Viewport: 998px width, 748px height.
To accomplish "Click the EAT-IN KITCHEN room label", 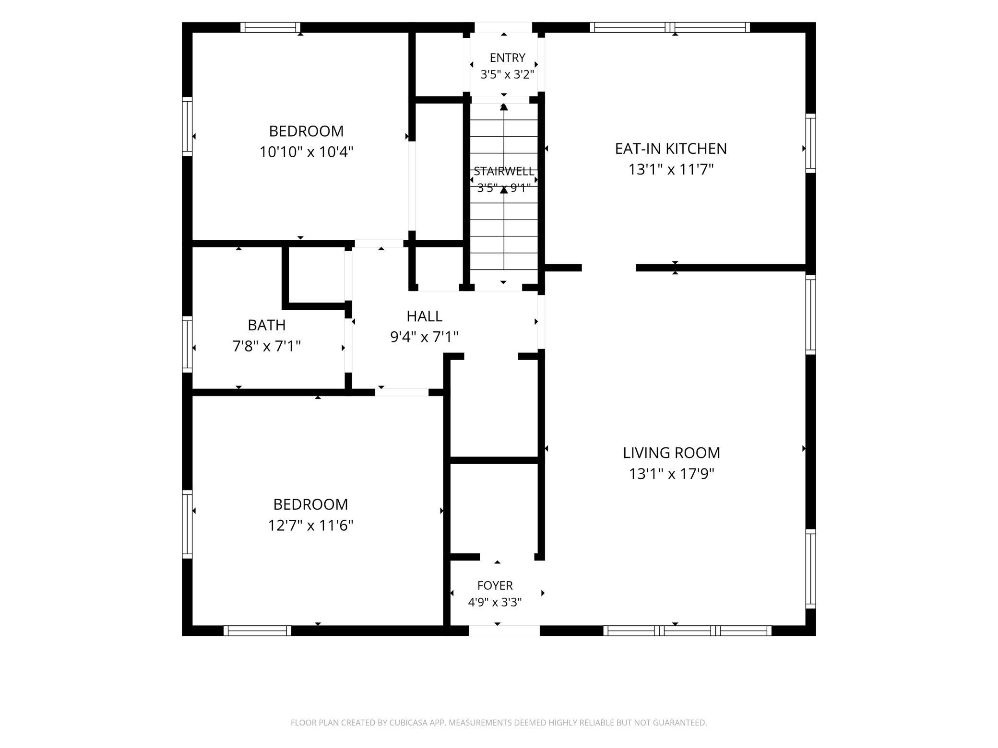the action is (x=671, y=149).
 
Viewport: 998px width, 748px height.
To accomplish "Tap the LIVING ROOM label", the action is (x=671, y=453).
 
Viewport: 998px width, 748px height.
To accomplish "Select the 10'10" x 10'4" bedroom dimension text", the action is (x=307, y=152).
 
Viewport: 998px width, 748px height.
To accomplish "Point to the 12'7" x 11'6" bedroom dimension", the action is (x=311, y=526).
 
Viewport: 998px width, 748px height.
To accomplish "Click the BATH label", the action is (x=267, y=325).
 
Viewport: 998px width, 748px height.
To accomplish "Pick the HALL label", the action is (x=425, y=316).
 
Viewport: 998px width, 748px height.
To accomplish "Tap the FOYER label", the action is (x=495, y=585).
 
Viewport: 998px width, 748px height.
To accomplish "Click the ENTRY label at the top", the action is (x=507, y=58).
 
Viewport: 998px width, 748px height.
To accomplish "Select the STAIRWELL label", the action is (x=504, y=171).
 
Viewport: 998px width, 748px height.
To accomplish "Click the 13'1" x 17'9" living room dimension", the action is (x=672, y=474).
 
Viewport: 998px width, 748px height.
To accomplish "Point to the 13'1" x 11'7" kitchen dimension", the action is (x=671, y=169).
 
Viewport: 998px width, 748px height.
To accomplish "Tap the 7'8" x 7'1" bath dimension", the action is (x=267, y=346).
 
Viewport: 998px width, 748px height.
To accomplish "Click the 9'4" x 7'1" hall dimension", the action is (x=425, y=337).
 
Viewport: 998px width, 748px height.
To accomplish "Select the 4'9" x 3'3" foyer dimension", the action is (x=495, y=602).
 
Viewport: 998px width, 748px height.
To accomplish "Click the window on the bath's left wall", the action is (x=187, y=344).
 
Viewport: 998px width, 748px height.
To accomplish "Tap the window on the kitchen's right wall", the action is (x=810, y=143).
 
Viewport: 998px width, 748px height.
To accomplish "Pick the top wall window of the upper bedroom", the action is (x=271, y=27).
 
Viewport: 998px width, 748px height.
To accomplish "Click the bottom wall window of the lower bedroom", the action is (x=258, y=631).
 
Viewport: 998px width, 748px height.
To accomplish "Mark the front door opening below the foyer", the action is (x=504, y=631).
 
